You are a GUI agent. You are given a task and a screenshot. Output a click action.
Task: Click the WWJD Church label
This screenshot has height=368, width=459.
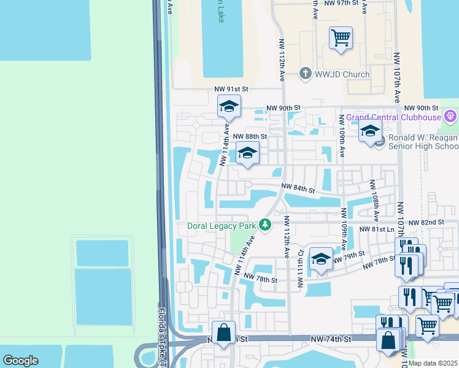[x=343, y=74]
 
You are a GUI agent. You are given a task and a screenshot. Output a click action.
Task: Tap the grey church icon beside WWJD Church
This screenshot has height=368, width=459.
[x=305, y=74]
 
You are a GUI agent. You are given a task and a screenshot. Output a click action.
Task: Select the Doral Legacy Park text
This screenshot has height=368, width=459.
[x=221, y=226]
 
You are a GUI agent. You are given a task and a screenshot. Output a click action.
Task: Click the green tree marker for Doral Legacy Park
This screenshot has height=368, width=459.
[x=265, y=226]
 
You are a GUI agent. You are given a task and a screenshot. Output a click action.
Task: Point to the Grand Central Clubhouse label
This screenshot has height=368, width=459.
[x=393, y=117]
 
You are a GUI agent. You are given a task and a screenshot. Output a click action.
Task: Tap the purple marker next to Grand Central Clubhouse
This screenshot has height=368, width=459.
[x=450, y=115]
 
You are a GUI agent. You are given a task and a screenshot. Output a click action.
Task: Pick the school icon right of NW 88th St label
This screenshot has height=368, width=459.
[x=247, y=153]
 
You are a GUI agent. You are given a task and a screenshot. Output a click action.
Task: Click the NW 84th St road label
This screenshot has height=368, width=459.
[x=298, y=189]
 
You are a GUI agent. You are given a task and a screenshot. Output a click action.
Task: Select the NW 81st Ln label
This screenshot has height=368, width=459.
[x=375, y=229]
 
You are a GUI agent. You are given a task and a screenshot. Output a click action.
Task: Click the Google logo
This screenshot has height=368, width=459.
[x=21, y=361]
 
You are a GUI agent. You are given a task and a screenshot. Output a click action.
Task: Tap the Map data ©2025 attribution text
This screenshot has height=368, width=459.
[x=433, y=363]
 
